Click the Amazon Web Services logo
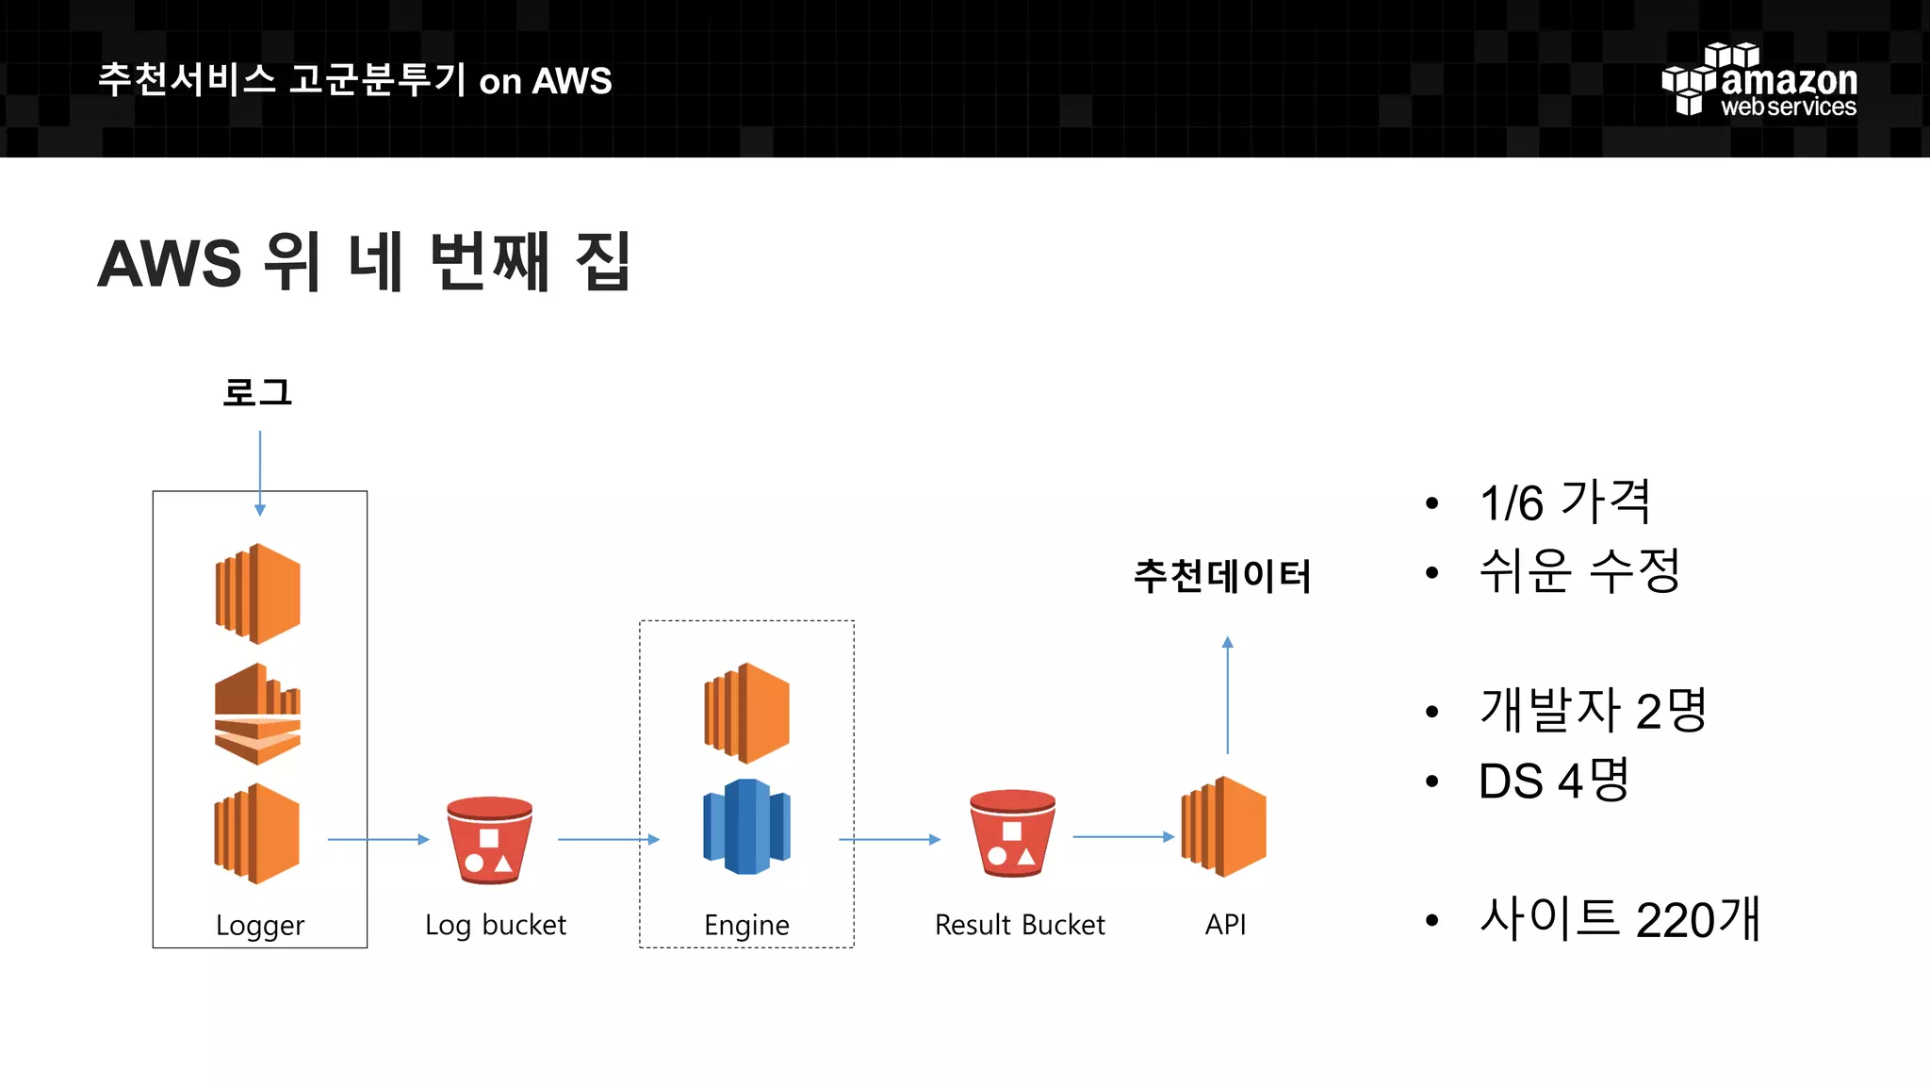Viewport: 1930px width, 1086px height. tap(1759, 81)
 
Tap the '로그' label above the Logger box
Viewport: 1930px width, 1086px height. tap(257, 392)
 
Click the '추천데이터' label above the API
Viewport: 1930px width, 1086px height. tap(1222, 576)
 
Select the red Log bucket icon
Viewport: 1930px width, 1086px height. tap(489, 840)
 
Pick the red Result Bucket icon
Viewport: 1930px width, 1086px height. tap(1012, 833)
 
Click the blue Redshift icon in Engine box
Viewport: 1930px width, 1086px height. tap(746, 827)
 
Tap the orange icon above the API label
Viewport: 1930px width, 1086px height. tap(1224, 827)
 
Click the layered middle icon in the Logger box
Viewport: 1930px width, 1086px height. tap(257, 714)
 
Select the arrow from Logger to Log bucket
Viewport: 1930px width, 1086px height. tap(378, 839)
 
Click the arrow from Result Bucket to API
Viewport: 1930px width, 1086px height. tap(1123, 836)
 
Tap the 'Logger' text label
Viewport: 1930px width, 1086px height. tap(260, 926)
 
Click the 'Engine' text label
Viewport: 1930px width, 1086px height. tap(746, 926)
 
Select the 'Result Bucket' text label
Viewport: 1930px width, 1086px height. tap(1020, 925)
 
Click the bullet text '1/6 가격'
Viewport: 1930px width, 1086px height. tap(1564, 502)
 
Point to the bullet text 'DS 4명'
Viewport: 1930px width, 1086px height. tap(1553, 781)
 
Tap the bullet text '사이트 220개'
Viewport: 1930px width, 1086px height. tap(1619, 919)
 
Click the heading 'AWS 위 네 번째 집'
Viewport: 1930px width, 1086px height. tap(364, 263)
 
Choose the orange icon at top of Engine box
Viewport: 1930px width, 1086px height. tap(746, 713)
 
